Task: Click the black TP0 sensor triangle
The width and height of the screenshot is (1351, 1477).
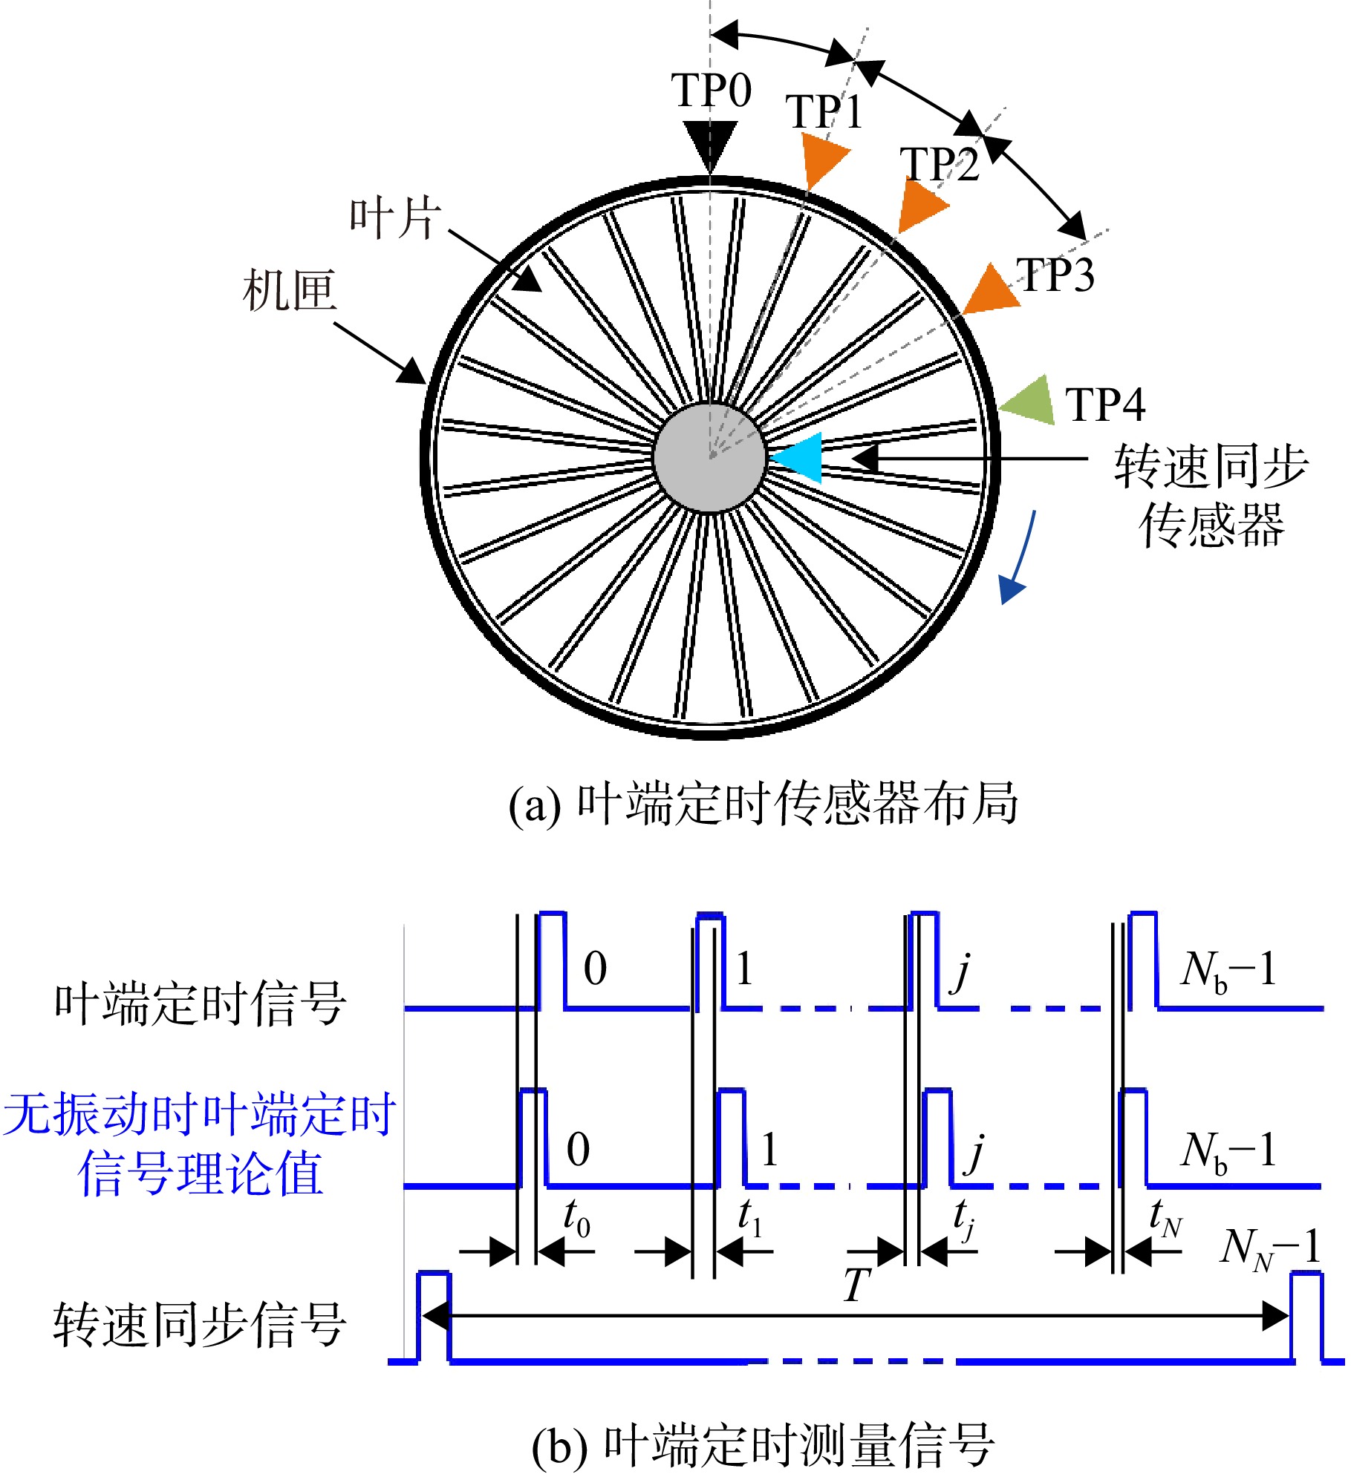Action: (710, 143)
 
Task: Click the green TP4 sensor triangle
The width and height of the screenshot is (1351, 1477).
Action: (1030, 401)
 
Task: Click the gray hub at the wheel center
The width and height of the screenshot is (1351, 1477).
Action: (710, 457)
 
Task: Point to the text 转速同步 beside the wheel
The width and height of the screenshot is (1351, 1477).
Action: (1211, 467)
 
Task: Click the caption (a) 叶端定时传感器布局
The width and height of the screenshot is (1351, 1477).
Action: (764, 803)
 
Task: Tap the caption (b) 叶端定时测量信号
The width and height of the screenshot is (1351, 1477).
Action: (764, 1445)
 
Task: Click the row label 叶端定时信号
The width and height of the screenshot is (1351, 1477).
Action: (201, 1003)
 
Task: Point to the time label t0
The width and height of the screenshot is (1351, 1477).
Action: (577, 1218)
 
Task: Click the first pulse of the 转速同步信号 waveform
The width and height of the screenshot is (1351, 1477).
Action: (434, 1317)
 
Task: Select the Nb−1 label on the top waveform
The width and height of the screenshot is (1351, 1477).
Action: (1228, 971)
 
